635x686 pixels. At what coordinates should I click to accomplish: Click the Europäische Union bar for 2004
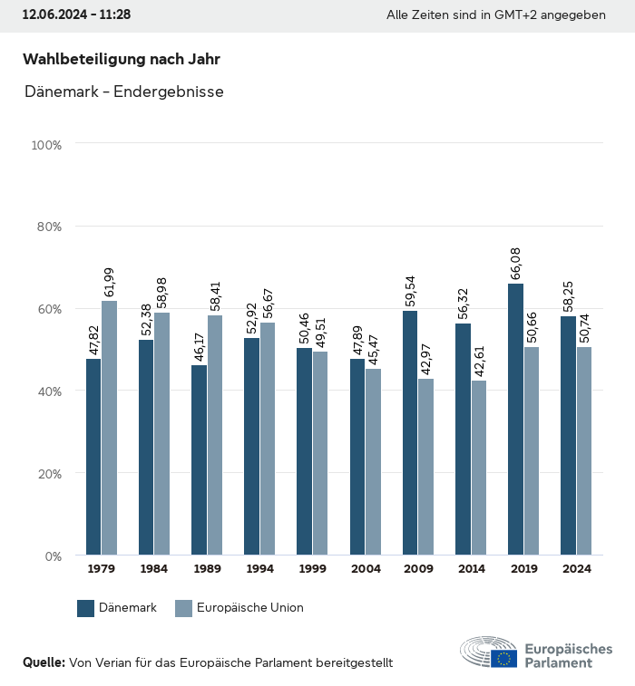(374, 461)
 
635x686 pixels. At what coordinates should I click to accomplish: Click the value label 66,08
(515, 261)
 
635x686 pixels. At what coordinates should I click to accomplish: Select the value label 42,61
(479, 358)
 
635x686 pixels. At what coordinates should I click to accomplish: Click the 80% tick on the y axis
(47, 227)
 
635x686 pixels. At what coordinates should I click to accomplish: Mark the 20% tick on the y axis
(47, 473)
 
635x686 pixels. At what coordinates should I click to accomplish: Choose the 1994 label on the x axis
(259, 569)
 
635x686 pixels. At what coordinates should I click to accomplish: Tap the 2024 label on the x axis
(576, 569)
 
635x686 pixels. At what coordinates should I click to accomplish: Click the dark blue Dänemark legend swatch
(86, 608)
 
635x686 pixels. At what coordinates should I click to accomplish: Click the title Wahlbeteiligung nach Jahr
(122, 59)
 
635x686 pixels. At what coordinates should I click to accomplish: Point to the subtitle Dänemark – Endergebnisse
(124, 92)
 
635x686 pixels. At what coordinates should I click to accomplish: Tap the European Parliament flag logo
(504, 658)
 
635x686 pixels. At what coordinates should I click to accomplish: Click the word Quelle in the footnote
(44, 662)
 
